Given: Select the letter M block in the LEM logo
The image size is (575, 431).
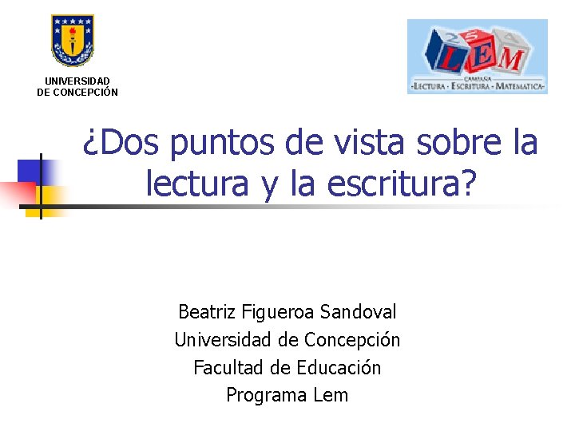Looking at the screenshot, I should (x=510, y=58).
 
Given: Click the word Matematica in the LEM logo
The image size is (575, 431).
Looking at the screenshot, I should (x=520, y=85).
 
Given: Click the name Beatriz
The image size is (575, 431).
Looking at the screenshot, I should (x=205, y=312).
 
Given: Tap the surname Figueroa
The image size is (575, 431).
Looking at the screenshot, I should (x=276, y=312).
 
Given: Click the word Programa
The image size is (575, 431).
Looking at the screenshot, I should (x=262, y=396).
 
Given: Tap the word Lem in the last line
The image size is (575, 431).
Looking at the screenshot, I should (x=331, y=395).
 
